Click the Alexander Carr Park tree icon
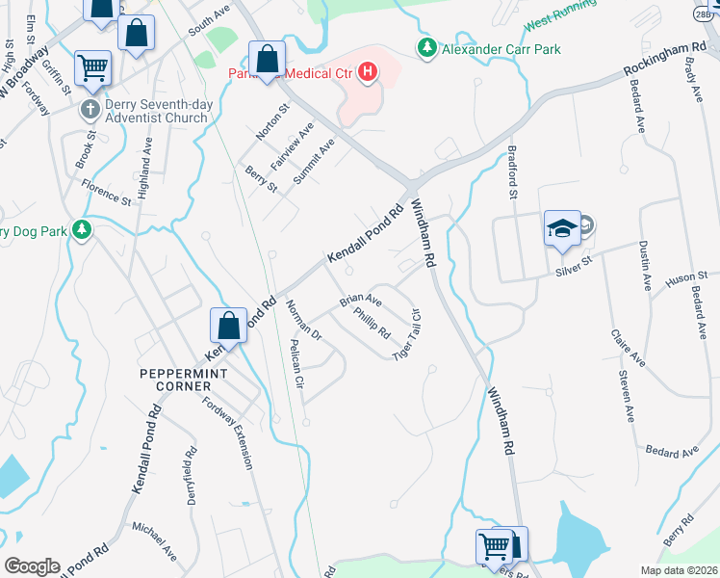425,46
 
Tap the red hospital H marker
366,70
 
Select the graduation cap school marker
562,229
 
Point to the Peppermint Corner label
174,379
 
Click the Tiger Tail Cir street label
407,334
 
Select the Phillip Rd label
372,322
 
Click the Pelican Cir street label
297,368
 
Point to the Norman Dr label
303,322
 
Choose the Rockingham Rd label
664,59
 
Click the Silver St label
575,273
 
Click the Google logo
31,566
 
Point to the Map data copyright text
679,570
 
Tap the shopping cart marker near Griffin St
93,67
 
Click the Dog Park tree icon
83,229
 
